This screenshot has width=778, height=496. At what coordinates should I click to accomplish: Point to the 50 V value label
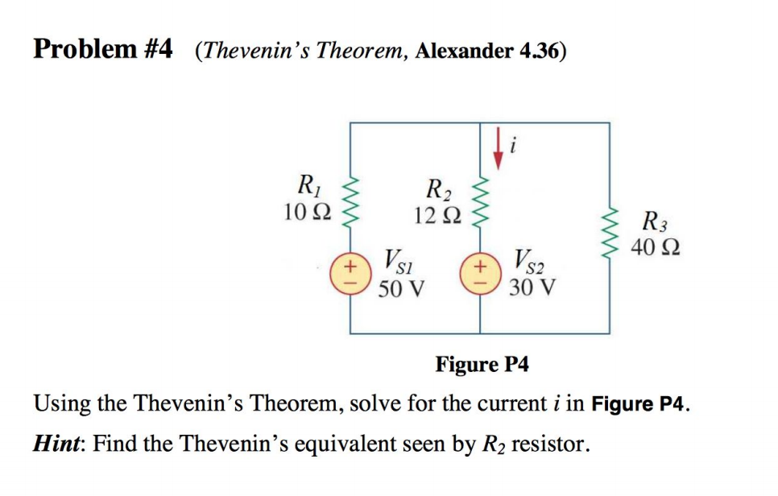tap(402, 287)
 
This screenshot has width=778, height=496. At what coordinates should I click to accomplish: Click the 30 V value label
tap(532, 287)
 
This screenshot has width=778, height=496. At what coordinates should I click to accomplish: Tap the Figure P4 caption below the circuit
tap(482, 364)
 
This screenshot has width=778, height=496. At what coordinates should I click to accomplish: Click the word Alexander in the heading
tap(465, 52)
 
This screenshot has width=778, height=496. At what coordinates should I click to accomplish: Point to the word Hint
tap(57, 442)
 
